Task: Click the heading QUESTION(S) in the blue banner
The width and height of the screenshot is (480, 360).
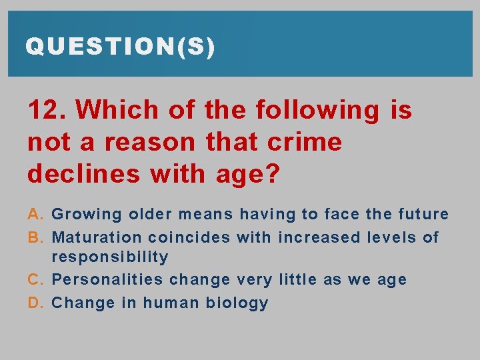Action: (120, 47)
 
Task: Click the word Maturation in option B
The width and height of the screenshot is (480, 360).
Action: (97, 237)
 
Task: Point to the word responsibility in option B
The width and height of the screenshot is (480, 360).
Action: (110, 257)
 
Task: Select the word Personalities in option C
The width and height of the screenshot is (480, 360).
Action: (107, 280)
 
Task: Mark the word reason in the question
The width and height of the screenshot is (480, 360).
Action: (150, 143)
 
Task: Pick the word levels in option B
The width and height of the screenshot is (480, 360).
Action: (387, 237)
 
